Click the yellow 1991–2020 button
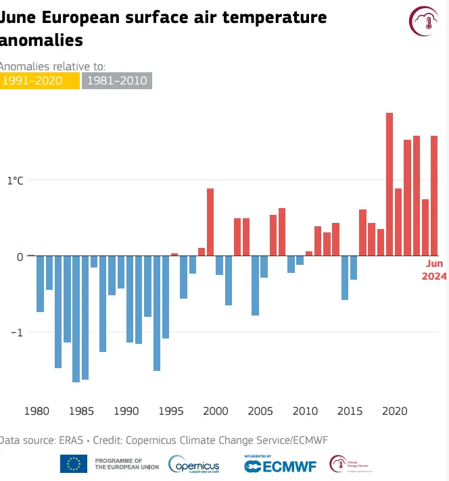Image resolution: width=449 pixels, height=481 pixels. (39, 81)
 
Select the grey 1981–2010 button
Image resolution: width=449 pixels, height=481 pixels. (116, 81)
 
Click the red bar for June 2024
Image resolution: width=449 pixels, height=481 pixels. (434, 196)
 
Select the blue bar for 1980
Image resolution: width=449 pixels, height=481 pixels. (40, 284)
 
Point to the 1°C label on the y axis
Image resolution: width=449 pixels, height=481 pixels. (15, 180)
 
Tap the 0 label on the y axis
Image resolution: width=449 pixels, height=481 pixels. (20, 257)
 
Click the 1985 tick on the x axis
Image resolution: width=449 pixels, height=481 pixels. (81, 410)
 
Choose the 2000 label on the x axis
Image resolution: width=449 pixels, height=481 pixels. (215, 410)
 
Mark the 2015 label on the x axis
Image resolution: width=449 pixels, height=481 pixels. (350, 410)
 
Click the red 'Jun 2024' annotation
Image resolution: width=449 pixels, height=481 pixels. (433, 270)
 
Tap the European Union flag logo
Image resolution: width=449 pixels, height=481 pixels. (73, 463)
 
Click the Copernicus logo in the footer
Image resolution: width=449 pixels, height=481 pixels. (193, 464)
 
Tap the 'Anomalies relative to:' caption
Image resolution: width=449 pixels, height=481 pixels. (53, 66)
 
